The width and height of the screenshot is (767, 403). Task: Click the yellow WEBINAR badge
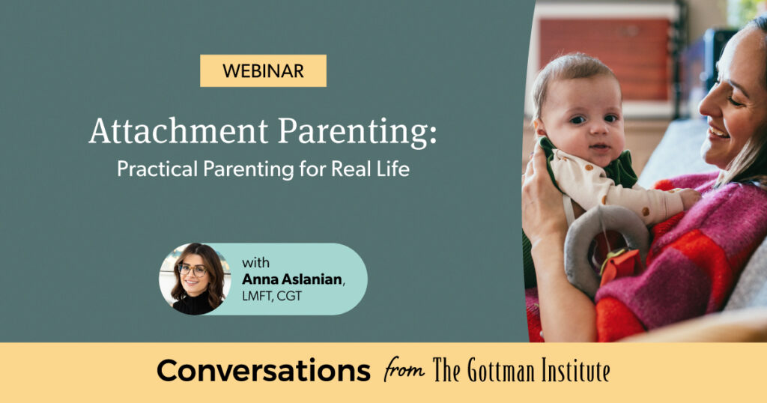pyautogui.click(x=263, y=71)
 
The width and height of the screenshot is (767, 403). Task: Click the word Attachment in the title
pyautogui.click(x=178, y=132)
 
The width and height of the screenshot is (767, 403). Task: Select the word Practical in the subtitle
pyautogui.click(x=157, y=169)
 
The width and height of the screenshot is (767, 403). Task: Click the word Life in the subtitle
pyautogui.click(x=394, y=169)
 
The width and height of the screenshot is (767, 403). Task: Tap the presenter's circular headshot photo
pyautogui.click(x=195, y=279)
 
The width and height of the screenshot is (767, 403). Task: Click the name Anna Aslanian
pyautogui.click(x=293, y=279)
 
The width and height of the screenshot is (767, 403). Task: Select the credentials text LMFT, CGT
pyautogui.click(x=272, y=296)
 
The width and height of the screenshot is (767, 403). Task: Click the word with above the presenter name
pyautogui.click(x=255, y=263)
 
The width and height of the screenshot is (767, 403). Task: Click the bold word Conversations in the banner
pyautogui.click(x=263, y=372)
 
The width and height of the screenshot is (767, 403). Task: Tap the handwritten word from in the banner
pyautogui.click(x=403, y=370)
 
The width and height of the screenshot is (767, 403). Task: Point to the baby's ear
pyautogui.click(x=539, y=129)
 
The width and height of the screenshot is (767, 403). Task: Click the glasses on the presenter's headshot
pyautogui.click(x=192, y=270)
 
